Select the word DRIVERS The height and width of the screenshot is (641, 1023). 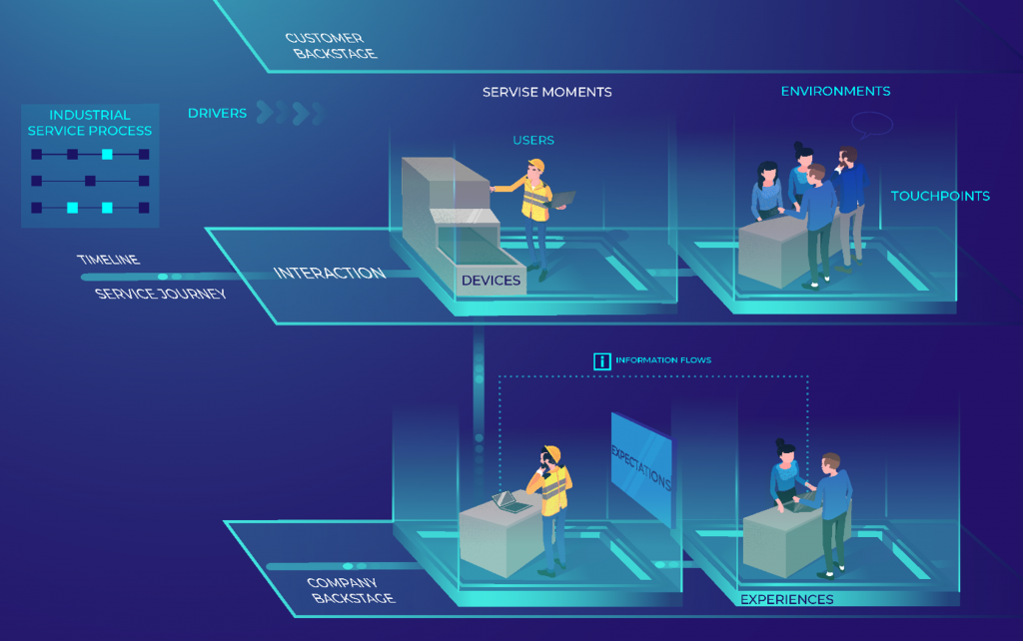pyautogui.click(x=217, y=113)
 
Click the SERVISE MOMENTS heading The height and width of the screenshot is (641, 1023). pyautogui.click(x=546, y=92)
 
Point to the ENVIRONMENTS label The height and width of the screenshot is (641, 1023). pyautogui.click(x=835, y=91)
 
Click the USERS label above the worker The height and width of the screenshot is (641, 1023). pyautogui.click(x=533, y=141)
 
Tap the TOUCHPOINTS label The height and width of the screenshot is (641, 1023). pyautogui.click(x=940, y=196)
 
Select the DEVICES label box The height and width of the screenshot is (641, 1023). pyautogui.click(x=491, y=281)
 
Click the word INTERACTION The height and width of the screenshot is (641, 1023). pyautogui.click(x=329, y=273)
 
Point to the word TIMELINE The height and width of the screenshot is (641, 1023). pyautogui.click(x=108, y=260)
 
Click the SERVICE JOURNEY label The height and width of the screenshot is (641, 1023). pyautogui.click(x=160, y=294)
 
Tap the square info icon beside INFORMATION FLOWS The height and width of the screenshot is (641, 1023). pyautogui.click(x=601, y=361)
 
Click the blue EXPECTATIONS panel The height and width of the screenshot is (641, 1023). pyautogui.click(x=640, y=466)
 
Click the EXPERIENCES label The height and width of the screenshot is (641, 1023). pyautogui.click(x=786, y=599)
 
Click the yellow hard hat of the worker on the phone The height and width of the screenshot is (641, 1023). pyautogui.click(x=550, y=452)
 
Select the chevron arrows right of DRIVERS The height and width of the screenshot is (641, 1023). pyautogui.click(x=290, y=112)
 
